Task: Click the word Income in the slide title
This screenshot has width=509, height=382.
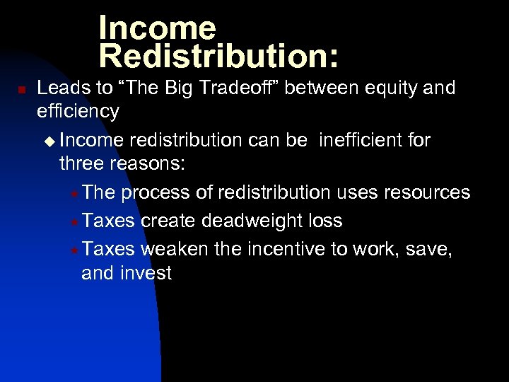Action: (x=157, y=28)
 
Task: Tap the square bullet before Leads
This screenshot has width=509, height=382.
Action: (x=22, y=91)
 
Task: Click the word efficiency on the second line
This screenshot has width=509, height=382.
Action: (x=78, y=112)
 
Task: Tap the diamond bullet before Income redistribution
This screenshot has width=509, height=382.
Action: (x=48, y=141)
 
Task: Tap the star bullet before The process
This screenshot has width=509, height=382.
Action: (x=75, y=193)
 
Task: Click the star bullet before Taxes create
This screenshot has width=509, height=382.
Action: (x=75, y=221)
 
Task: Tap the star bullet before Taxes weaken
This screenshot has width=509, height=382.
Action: (x=75, y=249)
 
